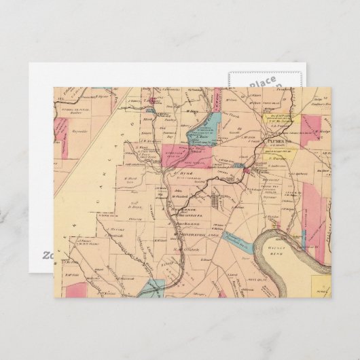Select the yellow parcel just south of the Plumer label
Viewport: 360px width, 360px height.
point(280,157)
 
